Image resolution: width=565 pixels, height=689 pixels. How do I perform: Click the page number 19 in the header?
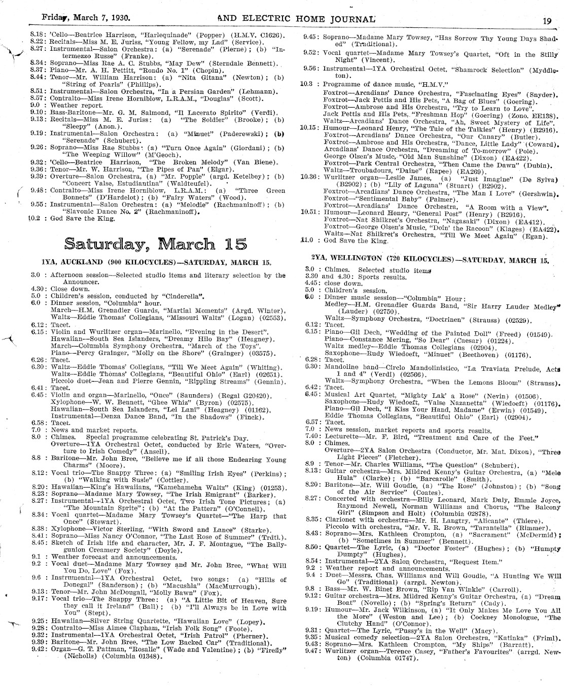[547, 21]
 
